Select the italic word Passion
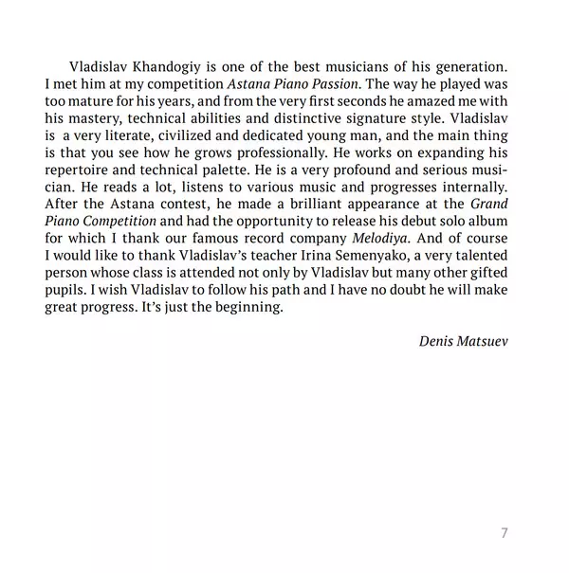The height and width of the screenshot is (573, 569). (331, 85)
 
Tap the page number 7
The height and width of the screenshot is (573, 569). (504, 532)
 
